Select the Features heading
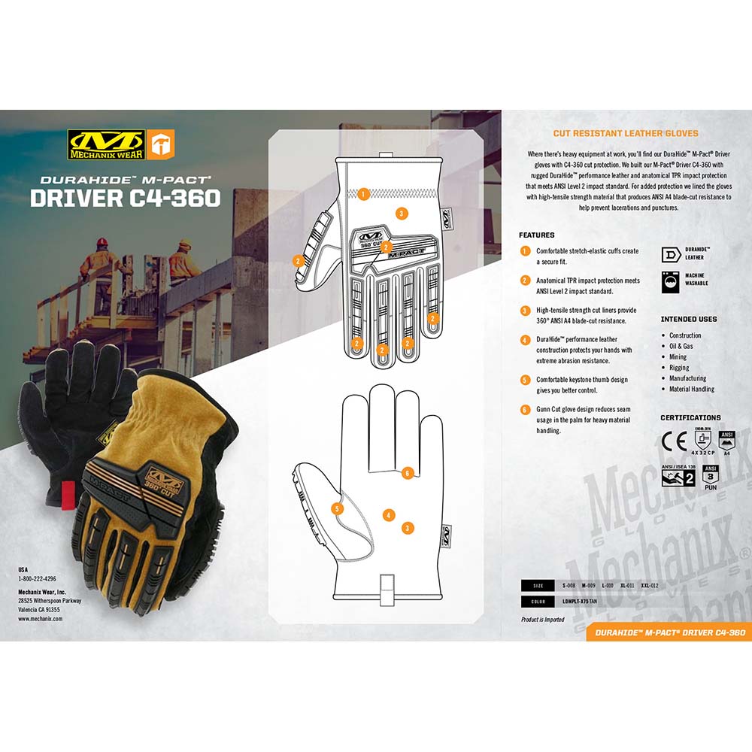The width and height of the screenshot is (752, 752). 536,235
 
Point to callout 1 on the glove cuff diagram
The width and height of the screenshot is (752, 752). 363,194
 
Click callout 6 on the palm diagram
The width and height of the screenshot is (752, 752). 407,473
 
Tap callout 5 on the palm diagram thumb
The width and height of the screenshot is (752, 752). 337,509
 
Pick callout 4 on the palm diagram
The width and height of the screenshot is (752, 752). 388,515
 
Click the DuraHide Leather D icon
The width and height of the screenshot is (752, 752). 670,253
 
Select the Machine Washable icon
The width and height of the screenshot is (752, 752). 670,280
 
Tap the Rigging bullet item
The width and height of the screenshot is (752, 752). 679,368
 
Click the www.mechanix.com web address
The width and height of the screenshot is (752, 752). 39,619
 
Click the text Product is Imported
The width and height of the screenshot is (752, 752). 542,620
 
